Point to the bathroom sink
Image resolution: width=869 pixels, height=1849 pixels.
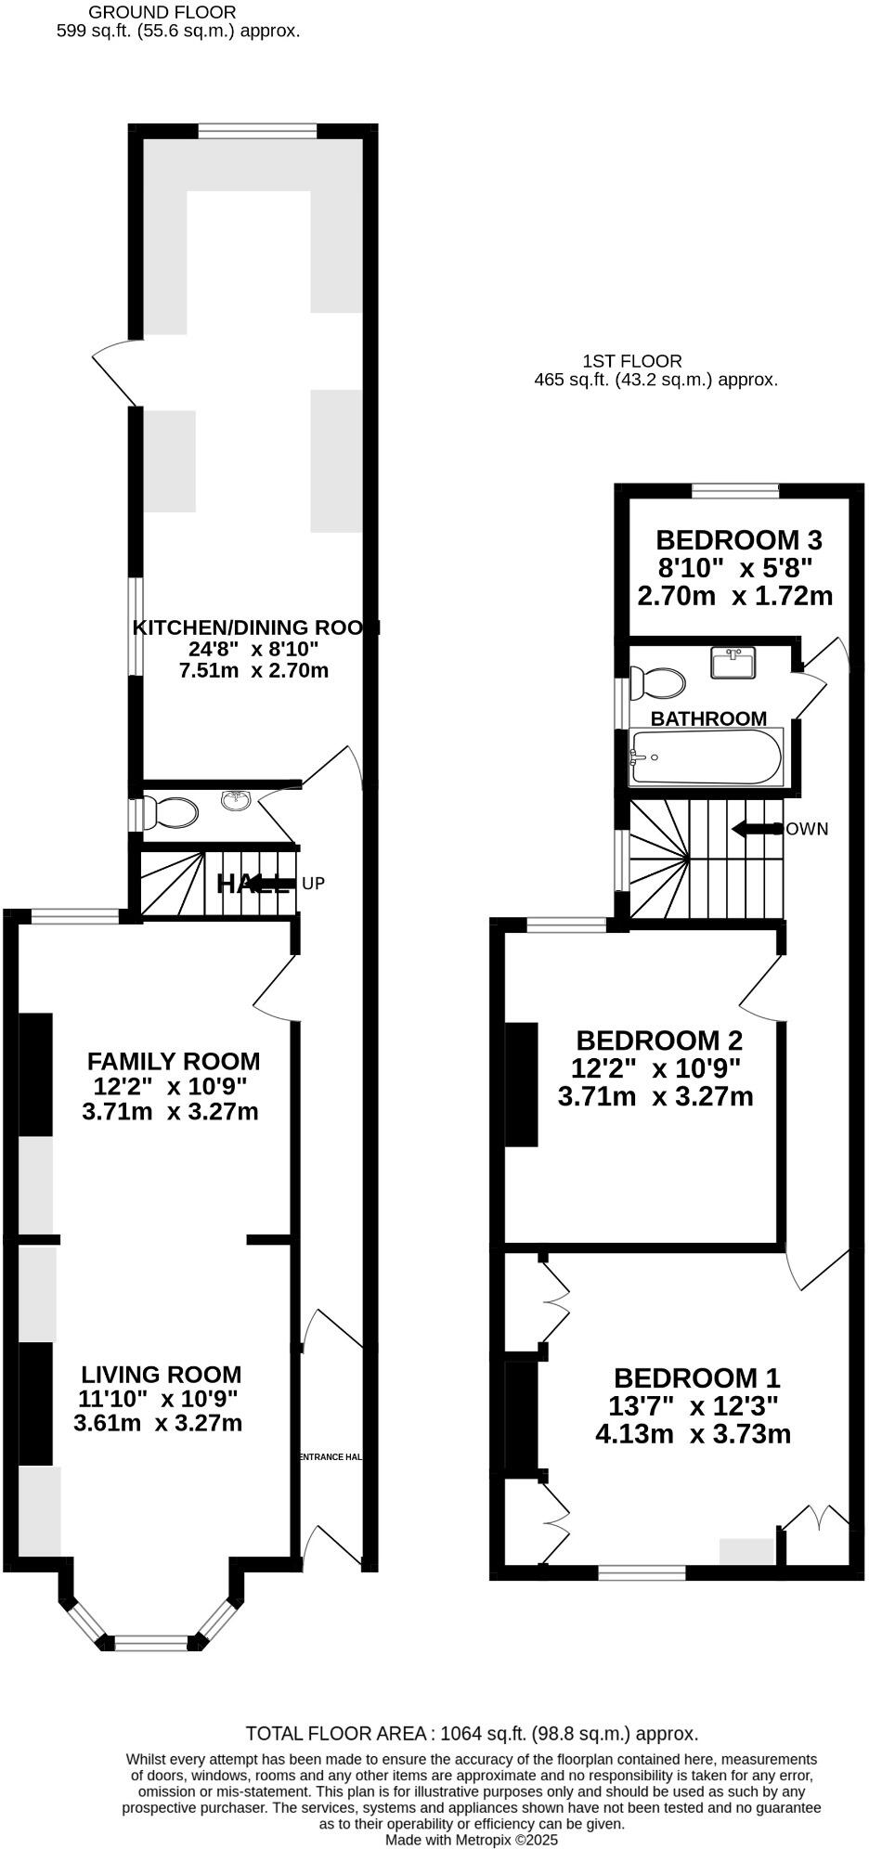pyautogui.click(x=733, y=663)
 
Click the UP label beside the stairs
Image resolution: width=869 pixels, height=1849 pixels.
pyautogui.click(x=314, y=884)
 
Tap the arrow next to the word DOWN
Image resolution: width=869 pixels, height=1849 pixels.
pyautogui.click(x=753, y=829)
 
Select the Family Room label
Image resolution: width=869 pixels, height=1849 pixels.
pyautogui.click(x=174, y=1061)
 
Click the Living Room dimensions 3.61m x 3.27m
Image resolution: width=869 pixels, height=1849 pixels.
pyautogui.click(x=158, y=1423)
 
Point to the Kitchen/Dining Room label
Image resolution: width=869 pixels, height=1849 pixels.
pyautogui.click(x=256, y=627)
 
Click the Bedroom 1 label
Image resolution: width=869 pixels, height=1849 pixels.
pyautogui.click(x=696, y=1377)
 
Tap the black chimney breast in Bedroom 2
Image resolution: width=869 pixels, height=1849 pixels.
pyautogui.click(x=522, y=1084)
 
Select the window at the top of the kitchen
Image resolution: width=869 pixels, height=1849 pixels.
pyautogui.click(x=258, y=131)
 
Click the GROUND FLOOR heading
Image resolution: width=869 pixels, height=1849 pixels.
pyautogui.click(x=162, y=13)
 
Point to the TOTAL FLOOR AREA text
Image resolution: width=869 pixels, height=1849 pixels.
pyautogui.click(x=472, y=1733)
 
